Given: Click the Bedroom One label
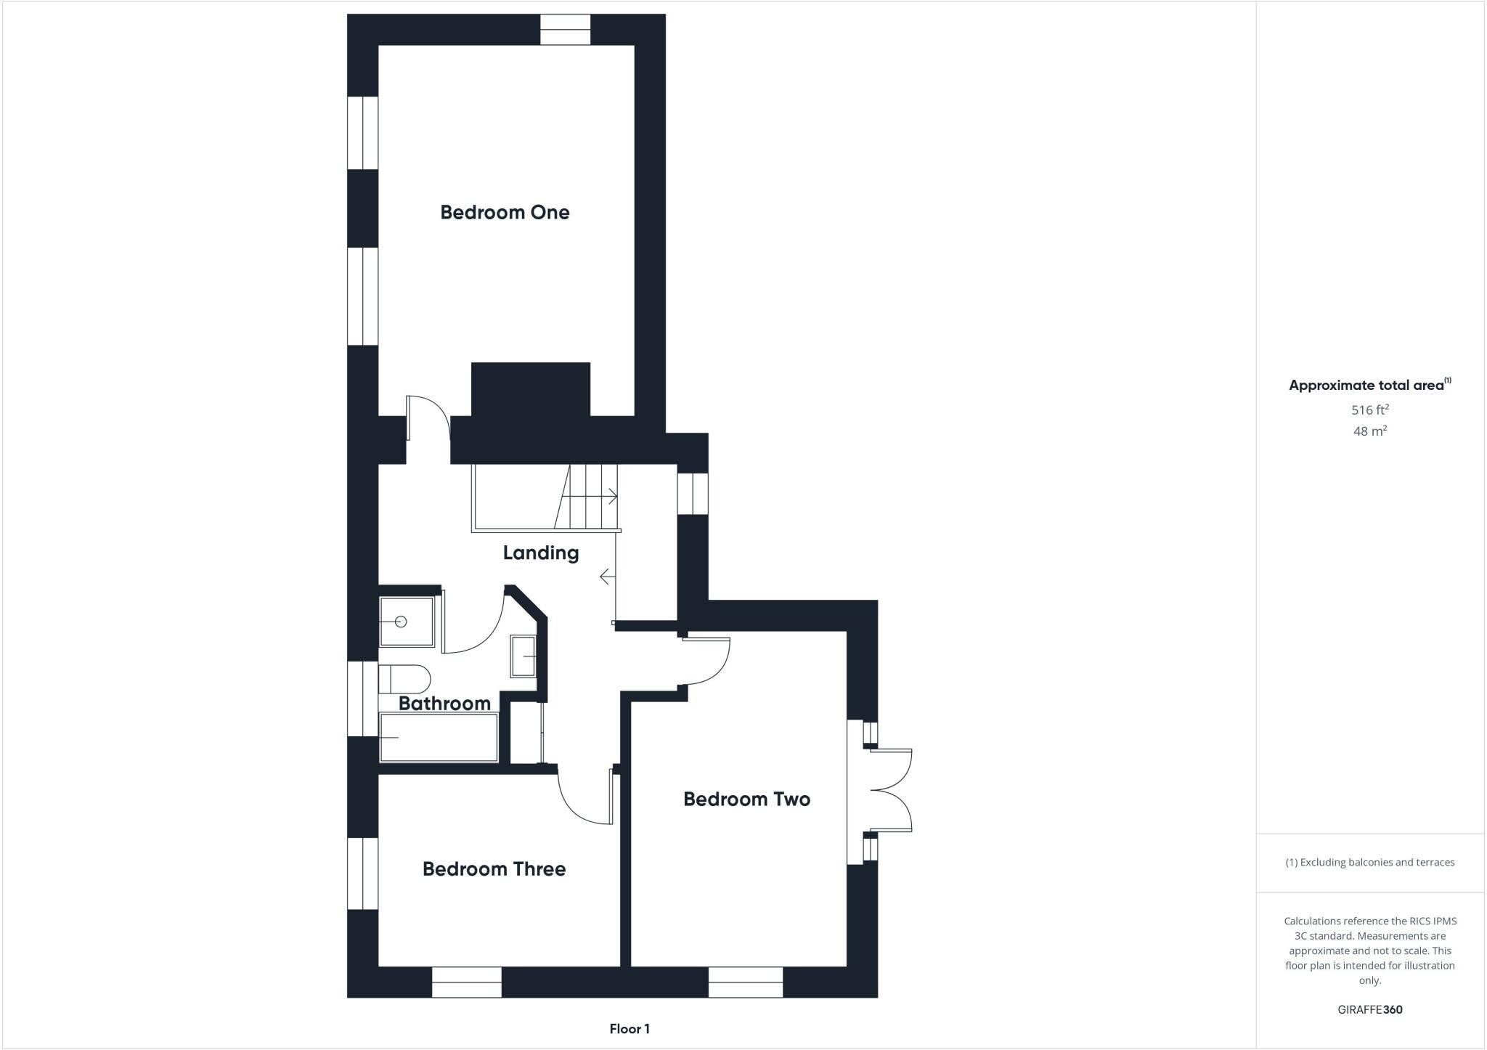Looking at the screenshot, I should tap(505, 212).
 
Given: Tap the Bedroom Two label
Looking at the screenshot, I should tap(746, 799).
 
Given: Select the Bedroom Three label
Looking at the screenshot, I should tap(494, 868).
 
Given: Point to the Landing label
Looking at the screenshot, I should tap(541, 553).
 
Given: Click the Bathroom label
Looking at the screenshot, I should tap(444, 703).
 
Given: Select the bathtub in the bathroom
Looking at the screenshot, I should tap(439, 738).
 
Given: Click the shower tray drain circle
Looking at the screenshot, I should tap(400, 622).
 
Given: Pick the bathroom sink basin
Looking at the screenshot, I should tap(523, 656).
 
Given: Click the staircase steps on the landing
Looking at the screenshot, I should tap(588, 497).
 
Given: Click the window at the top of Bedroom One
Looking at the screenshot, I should tap(565, 30).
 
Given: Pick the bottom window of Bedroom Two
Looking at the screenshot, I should tap(746, 982).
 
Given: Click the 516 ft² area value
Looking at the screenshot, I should tap(1369, 410).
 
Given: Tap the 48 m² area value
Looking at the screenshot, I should tap(1369, 431).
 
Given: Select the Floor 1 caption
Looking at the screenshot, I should tap(630, 1029).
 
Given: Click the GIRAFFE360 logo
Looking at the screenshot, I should tap(1369, 1009).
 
